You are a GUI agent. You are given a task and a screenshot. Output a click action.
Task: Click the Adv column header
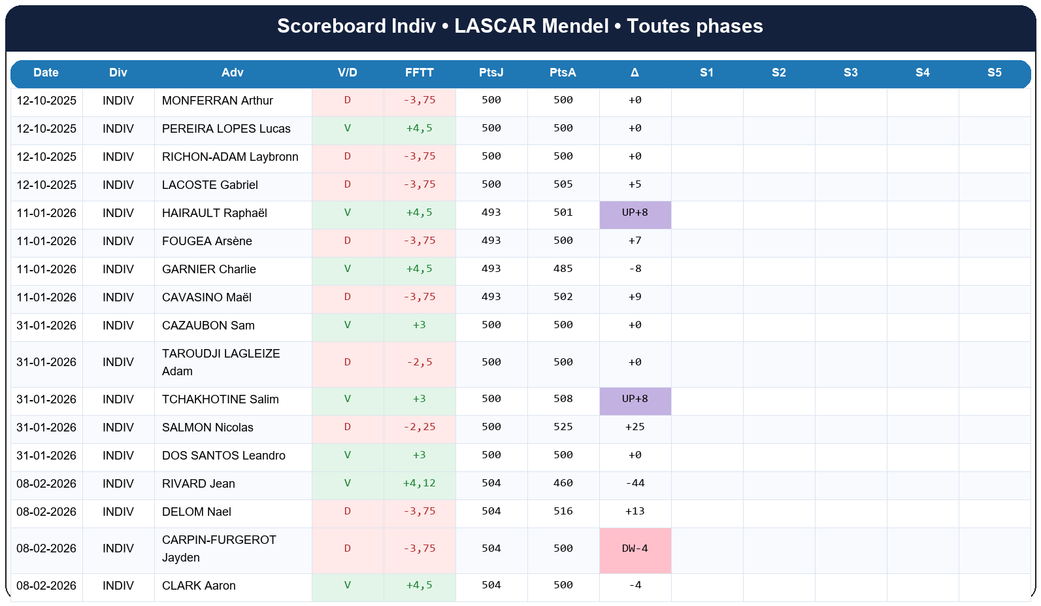pos(232,73)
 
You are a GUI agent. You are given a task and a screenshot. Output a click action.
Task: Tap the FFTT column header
pos(419,73)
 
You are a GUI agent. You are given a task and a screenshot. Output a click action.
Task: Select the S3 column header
pos(850,73)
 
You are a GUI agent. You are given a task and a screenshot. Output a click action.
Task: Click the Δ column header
pos(635,73)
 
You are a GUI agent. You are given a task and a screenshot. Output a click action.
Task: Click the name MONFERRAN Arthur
pos(217,101)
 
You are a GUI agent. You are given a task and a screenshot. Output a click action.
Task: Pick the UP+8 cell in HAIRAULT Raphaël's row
pos(635,213)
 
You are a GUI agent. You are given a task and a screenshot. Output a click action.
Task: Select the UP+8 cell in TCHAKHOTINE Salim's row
pos(635,399)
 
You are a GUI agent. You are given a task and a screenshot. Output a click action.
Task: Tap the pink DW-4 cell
pos(635,549)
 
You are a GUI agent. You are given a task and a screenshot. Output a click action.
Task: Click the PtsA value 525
pos(563,428)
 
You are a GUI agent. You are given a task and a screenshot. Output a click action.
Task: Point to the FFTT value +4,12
pos(419,484)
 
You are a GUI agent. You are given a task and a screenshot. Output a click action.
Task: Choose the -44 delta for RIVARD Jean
pos(635,484)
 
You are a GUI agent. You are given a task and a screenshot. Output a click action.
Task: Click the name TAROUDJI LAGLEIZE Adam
pos(220,362)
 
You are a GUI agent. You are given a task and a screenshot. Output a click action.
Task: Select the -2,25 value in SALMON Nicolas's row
pos(419,428)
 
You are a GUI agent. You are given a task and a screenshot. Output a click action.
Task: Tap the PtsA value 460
pos(563,484)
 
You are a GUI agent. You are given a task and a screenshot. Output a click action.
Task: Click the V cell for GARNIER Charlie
pos(347,269)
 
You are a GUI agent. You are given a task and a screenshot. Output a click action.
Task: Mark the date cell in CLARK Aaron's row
pos(46,586)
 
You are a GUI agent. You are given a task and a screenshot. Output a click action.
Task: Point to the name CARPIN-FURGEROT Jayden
pos(218,549)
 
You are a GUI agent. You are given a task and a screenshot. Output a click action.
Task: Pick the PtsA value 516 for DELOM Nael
pos(563,512)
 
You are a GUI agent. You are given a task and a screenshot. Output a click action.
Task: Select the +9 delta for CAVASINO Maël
pos(635,297)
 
